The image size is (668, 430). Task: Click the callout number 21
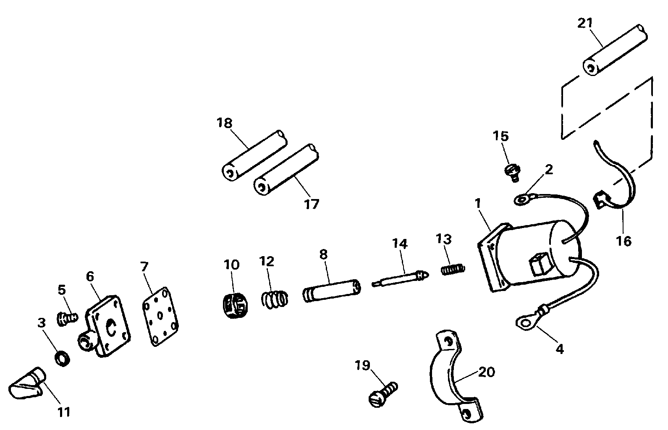pyautogui.click(x=585, y=23)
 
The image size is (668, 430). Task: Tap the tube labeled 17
pyautogui.click(x=286, y=170)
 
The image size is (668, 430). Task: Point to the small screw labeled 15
pyautogui.click(x=513, y=173)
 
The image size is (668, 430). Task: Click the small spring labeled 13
pyautogui.click(x=453, y=269)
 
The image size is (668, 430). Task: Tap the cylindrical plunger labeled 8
pyautogui.click(x=332, y=291)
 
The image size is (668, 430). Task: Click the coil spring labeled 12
pyautogui.click(x=275, y=299)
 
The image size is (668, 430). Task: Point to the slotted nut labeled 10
pyautogui.click(x=235, y=306)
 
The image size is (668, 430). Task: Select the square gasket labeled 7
pyautogui.click(x=160, y=316)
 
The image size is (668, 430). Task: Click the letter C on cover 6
pyautogui.click(x=112, y=327)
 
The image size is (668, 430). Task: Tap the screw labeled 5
pyautogui.click(x=68, y=318)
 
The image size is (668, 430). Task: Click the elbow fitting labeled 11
pyautogui.click(x=27, y=383)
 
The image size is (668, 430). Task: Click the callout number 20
pyautogui.click(x=486, y=372)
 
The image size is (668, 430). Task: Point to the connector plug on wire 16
pyautogui.click(x=601, y=200)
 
